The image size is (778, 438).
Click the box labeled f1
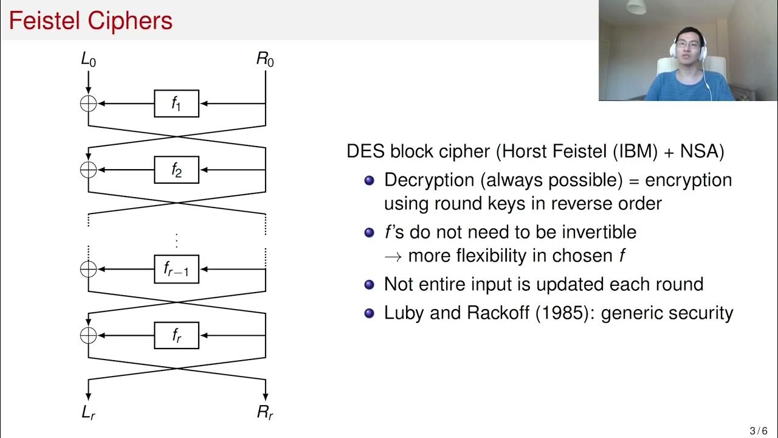pyautogui.click(x=176, y=104)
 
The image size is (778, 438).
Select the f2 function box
pyautogui.click(x=176, y=170)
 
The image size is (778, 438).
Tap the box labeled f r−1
pyautogui.click(x=176, y=269)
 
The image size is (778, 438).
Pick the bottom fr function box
pyautogui.click(x=176, y=335)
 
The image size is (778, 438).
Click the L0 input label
pyautogui.click(x=88, y=60)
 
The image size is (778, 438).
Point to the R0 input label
pyautogui.click(x=265, y=60)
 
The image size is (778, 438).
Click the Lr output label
pyautogui.click(x=88, y=412)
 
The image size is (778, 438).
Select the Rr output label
pyautogui.click(x=265, y=412)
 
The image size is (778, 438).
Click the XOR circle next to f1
pyautogui.click(x=89, y=104)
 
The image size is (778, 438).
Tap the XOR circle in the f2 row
pyautogui.click(x=89, y=170)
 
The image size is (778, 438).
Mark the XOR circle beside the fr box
pyautogui.click(x=89, y=335)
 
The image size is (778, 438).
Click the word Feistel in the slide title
pyautogui.click(x=44, y=21)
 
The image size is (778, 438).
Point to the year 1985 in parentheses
pyautogui.click(x=552, y=313)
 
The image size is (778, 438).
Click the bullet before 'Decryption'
pyautogui.click(x=368, y=181)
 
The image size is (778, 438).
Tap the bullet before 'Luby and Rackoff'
pyautogui.click(x=368, y=313)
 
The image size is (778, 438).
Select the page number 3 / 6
pyautogui.click(x=759, y=431)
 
